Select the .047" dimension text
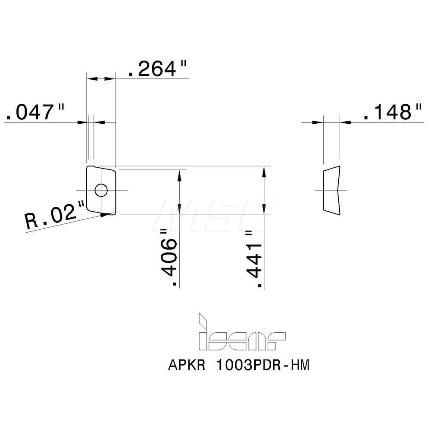coord(34,112)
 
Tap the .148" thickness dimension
coord(392,112)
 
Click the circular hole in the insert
coord(101,190)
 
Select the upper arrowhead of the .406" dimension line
coord(178,174)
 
